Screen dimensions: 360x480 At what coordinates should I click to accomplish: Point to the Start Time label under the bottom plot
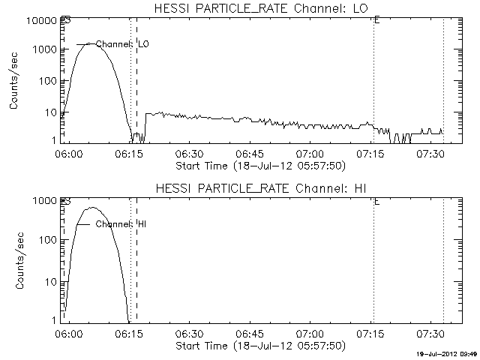click(259, 346)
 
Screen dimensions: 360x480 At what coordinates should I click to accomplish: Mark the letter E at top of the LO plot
click(376, 19)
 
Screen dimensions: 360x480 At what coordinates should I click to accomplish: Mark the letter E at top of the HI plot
click(376, 201)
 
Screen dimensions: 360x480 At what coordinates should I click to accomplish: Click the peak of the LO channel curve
click(90, 43)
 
